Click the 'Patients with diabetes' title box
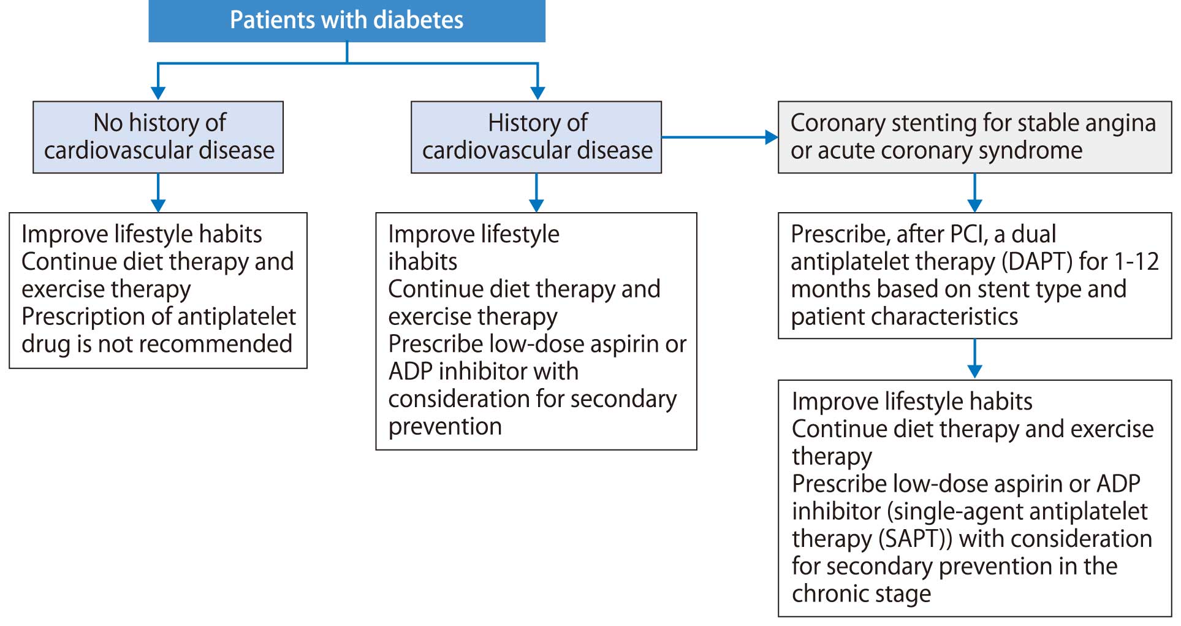point(347,21)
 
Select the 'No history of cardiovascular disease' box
point(158,137)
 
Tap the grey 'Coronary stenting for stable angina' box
point(974,137)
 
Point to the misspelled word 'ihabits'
point(423,262)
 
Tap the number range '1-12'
point(1137,262)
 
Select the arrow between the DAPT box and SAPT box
point(974,359)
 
